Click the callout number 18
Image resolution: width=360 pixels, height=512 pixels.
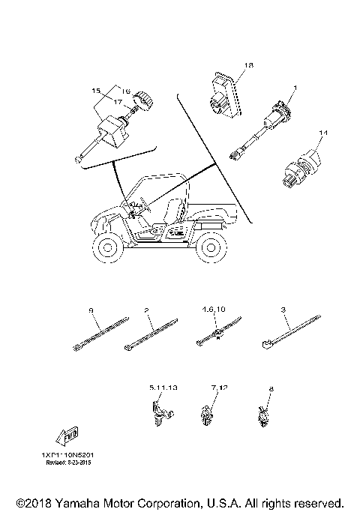tap(249, 66)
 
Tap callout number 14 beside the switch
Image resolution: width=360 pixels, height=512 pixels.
tap(302, 133)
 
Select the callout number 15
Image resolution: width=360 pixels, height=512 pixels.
tap(96, 91)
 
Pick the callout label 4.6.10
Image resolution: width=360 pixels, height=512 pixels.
tap(212, 308)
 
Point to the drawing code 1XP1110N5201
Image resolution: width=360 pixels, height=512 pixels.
tap(67, 454)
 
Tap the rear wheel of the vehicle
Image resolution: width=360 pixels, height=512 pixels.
tap(209, 249)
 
